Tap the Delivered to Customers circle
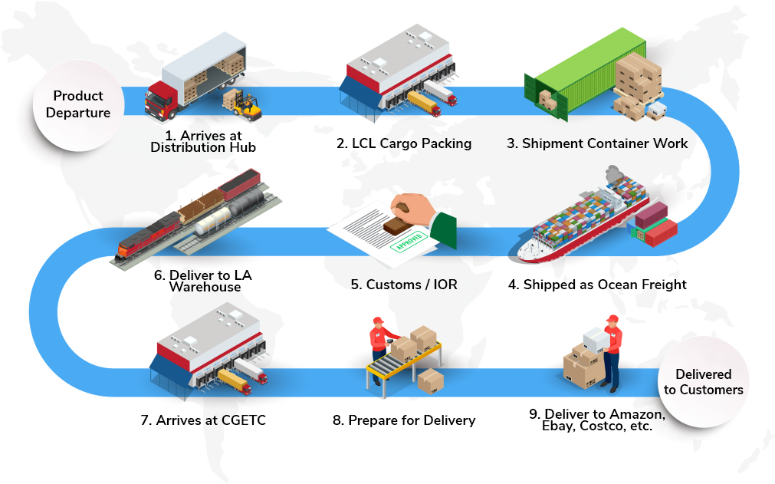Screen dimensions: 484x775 [703, 382]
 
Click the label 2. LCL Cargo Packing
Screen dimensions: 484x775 [403, 143]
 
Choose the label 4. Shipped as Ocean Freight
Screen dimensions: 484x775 [596, 285]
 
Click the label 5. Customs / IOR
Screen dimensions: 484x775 [404, 285]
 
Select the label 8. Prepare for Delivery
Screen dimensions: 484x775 [404, 420]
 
